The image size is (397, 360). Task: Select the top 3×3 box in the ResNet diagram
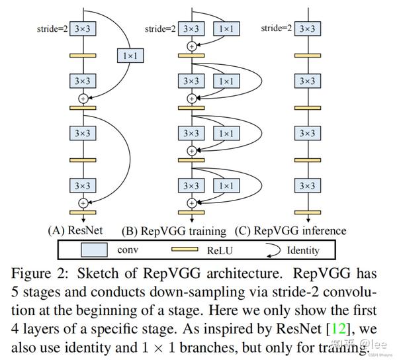coord(83,28)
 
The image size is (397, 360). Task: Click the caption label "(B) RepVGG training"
coord(174,230)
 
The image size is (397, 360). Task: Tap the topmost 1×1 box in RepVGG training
coord(227,28)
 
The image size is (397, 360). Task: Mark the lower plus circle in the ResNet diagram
coord(83,202)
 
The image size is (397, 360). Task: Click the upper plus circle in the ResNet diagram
coord(83,99)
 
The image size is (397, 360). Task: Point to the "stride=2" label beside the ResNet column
coord(52,28)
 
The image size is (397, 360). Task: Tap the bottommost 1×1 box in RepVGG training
coord(227,186)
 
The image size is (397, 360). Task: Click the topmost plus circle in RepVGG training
coord(192,46)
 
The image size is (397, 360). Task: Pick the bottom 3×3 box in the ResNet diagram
coord(83,186)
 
